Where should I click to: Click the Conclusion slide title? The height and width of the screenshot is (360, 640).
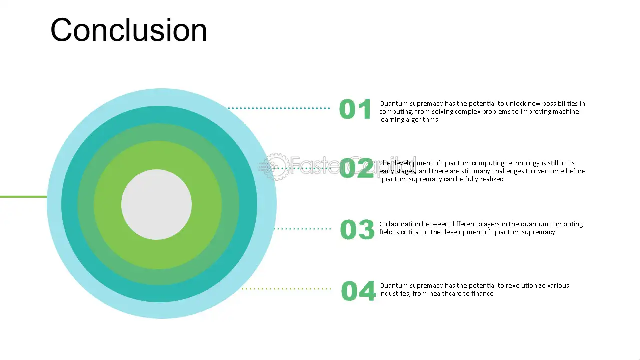coord(128,30)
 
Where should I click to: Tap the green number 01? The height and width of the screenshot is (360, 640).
coord(355,109)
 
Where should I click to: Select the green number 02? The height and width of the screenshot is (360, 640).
coord(357,168)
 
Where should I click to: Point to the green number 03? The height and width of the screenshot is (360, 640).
coord(357,229)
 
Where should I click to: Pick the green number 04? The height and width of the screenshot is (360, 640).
coord(358,291)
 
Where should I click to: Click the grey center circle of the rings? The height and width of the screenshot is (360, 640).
coord(156,204)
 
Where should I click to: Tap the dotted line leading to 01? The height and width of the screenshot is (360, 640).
coord(279,108)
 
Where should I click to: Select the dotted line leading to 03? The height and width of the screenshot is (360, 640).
coord(303,229)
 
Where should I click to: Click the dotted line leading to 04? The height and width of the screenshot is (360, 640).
coord(286,289)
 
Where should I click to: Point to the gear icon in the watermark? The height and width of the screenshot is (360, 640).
coord(276,167)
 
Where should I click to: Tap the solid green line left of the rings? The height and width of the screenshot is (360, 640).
coord(23,197)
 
